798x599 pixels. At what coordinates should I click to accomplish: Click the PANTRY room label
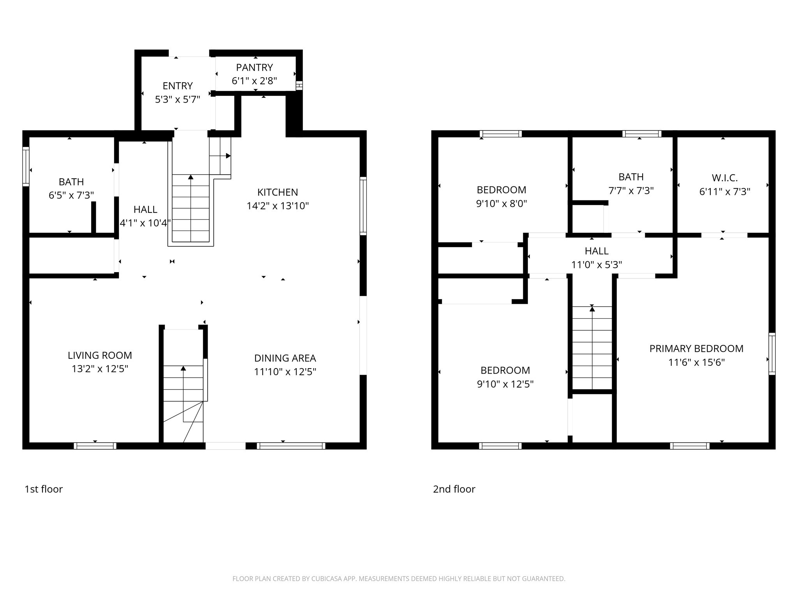254,67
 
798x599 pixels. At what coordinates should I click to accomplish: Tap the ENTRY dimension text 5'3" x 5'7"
177,99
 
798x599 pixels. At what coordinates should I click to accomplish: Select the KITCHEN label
277,192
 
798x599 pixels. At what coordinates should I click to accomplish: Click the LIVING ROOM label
100,355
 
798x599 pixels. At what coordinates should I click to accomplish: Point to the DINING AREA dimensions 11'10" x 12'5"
285,372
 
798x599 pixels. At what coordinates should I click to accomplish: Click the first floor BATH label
71,182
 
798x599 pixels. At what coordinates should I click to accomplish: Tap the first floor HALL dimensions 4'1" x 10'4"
145,223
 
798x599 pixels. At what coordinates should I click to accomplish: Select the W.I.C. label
724,178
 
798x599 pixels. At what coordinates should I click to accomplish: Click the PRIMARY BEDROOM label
696,349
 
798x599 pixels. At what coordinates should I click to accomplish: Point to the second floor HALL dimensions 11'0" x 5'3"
596,265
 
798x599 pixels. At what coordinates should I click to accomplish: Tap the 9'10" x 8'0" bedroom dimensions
501,204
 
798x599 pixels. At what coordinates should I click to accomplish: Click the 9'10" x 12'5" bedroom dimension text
505,384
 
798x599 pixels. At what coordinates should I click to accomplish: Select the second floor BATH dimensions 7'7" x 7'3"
631,191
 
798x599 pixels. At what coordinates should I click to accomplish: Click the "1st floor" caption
44,489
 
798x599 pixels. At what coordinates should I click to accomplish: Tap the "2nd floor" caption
454,489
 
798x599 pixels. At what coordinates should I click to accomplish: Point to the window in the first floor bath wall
26,167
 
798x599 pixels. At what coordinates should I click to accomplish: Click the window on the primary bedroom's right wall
772,354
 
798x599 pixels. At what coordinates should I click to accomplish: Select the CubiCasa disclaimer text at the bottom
399,579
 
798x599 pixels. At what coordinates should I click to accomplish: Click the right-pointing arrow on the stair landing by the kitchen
228,156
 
